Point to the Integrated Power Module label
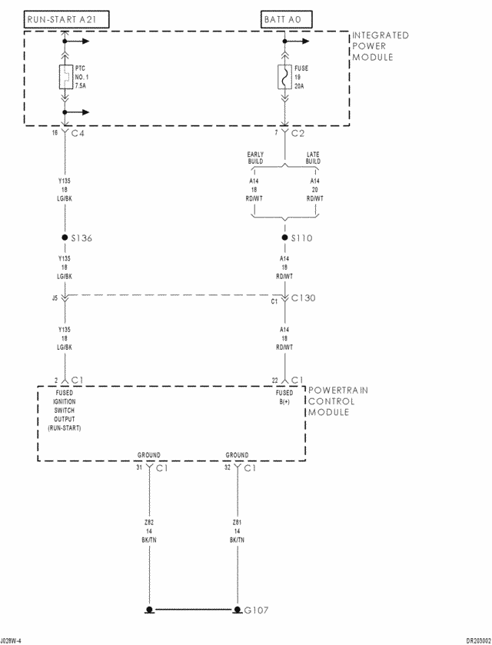(x=380, y=46)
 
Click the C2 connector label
(x=298, y=133)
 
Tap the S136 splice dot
(x=65, y=238)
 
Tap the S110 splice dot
(x=285, y=238)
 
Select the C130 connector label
(x=303, y=298)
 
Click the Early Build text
(x=255, y=158)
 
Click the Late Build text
(x=314, y=158)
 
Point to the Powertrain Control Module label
(x=337, y=401)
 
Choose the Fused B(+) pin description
(x=284, y=397)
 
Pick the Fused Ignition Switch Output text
(x=65, y=410)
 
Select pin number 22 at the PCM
(x=275, y=380)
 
